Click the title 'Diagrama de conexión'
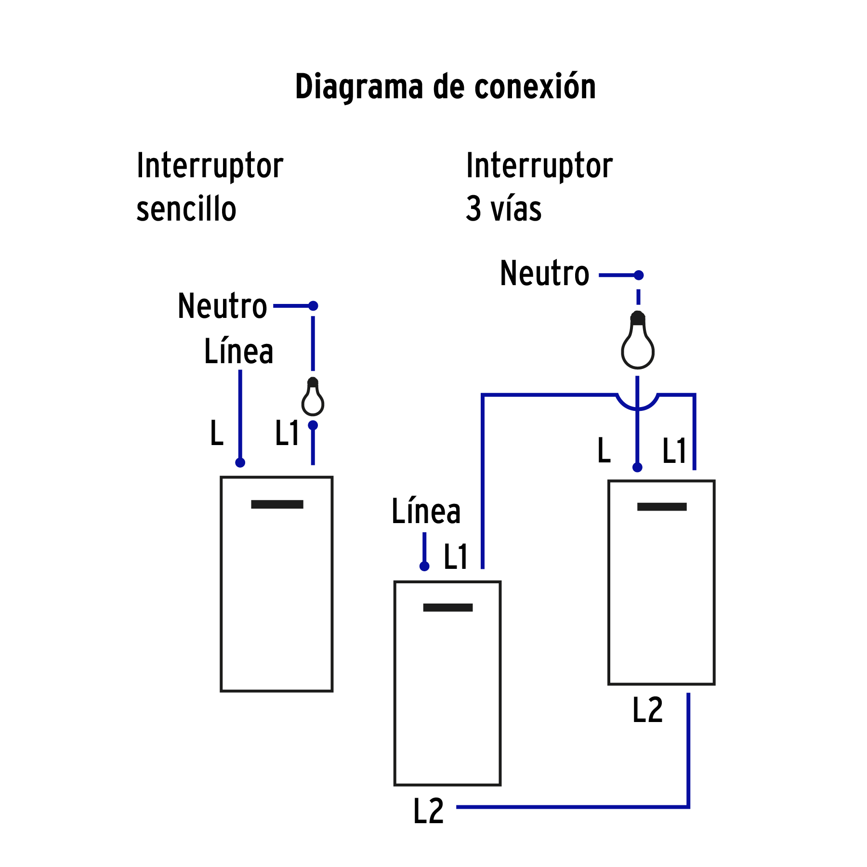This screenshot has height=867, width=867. [x=445, y=87]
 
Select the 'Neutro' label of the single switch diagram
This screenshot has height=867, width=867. [x=222, y=306]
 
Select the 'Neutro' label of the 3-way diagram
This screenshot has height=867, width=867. [x=544, y=274]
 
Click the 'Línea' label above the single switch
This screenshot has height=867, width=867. [x=238, y=351]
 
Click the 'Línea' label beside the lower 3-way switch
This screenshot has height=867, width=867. [x=426, y=511]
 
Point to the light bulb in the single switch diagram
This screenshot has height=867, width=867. [x=313, y=397]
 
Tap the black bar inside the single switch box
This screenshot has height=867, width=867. [x=277, y=504]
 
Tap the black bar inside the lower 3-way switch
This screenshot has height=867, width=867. [x=447, y=607]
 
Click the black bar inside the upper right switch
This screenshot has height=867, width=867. [x=661, y=507]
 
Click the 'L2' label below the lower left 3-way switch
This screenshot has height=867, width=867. [x=428, y=811]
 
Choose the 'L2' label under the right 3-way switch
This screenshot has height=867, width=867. [x=647, y=710]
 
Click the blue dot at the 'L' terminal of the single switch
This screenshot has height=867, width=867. [x=240, y=462]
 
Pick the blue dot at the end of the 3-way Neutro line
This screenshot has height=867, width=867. [x=638, y=275]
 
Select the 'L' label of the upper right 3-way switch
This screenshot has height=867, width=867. [x=604, y=450]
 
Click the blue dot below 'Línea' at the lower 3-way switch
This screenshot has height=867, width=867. [x=424, y=566]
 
